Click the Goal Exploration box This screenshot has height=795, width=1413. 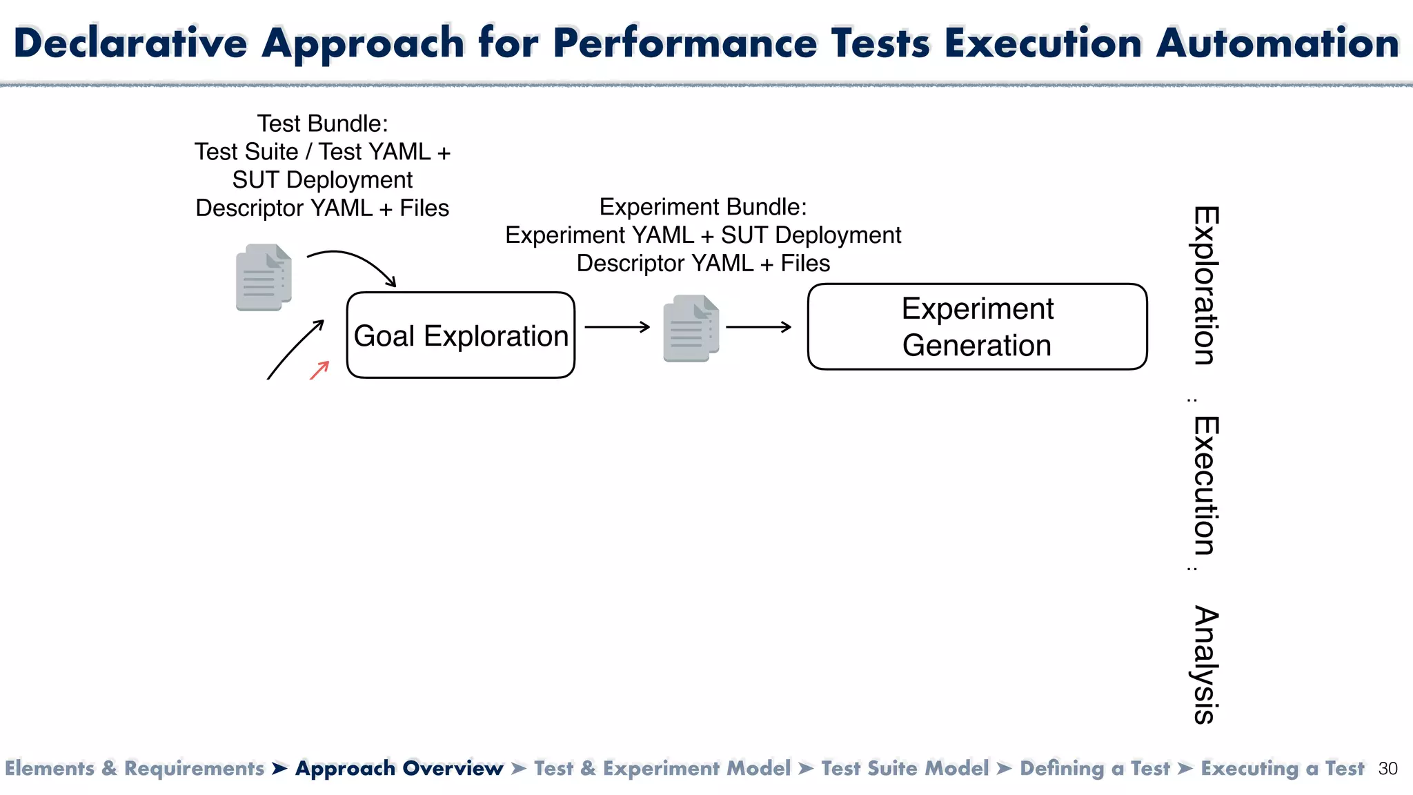click(460, 335)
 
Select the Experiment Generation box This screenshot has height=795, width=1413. click(977, 326)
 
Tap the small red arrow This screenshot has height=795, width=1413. click(319, 370)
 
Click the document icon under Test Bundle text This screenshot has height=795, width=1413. click(264, 277)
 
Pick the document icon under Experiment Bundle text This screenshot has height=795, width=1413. click(691, 328)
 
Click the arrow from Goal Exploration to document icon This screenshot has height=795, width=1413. click(617, 327)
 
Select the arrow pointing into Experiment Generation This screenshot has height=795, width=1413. click(758, 327)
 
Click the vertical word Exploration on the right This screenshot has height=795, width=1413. click(1205, 285)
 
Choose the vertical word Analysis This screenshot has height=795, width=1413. click(1205, 665)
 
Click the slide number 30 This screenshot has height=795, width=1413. click(1387, 769)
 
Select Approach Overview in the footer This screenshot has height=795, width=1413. click(399, 769)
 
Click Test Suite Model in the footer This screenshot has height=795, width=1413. click(905, 769)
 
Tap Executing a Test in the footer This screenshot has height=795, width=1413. click(1282, 769)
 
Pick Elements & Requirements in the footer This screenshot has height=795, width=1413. click(135, 769)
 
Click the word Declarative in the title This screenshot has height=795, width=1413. click(130, 43)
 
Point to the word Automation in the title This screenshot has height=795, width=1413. click(1277, 43)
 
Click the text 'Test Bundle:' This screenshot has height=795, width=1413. click(322, 124)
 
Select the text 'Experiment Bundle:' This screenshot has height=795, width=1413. click(702, 207)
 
